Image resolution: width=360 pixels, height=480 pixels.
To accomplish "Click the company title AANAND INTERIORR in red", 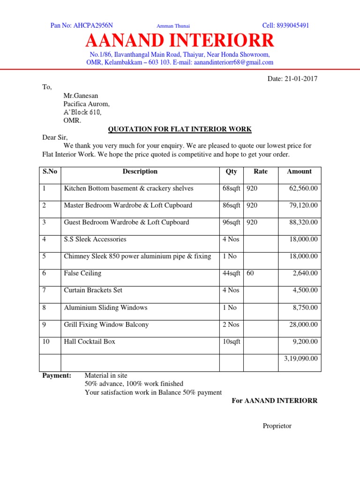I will click(x=180, y=41).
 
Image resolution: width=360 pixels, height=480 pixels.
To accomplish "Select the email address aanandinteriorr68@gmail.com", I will click(x=233, y=62).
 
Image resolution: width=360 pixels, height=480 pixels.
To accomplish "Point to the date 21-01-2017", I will click(x=301, y=79).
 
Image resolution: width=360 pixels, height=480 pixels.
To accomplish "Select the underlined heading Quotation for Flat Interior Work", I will click(x=180, y=129).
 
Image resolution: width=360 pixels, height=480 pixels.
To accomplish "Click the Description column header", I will click(x=140, y=172).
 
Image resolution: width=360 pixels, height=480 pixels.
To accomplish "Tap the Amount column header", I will click(x=299, y=172).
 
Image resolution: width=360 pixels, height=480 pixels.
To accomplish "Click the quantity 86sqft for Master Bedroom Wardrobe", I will click(x=231, y=205).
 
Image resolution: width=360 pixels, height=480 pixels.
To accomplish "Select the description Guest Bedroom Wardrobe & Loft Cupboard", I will click(x=127, y=222).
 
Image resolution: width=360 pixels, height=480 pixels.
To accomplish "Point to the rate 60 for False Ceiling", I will click(x=250, y=273).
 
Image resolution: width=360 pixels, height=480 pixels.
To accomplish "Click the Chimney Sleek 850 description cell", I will click(x=137, y=256).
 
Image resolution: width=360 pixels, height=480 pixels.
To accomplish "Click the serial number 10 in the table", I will click(x=46, y=342).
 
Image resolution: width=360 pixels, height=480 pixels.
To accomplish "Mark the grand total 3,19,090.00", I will click(x=301, y=359).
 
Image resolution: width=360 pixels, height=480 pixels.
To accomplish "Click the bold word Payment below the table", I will click(x=57, y=375).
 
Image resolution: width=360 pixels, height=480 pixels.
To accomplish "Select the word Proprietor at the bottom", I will click(x=277, y=426).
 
